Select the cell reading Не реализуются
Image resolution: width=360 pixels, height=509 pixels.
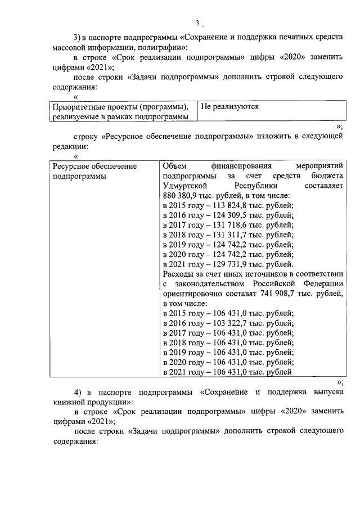click(x=229, y=106)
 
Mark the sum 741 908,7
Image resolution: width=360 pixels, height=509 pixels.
click(x=280, y=294)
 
